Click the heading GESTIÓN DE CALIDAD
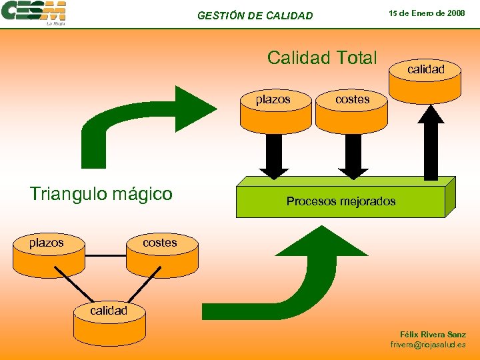click(255, 15)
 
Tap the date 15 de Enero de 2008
click(427, 13)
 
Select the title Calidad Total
click(322, 58)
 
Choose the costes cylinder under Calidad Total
click(351, 109)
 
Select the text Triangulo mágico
click(101, 194)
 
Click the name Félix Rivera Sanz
click(433, 334)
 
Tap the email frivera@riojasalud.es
click(428, 345)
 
